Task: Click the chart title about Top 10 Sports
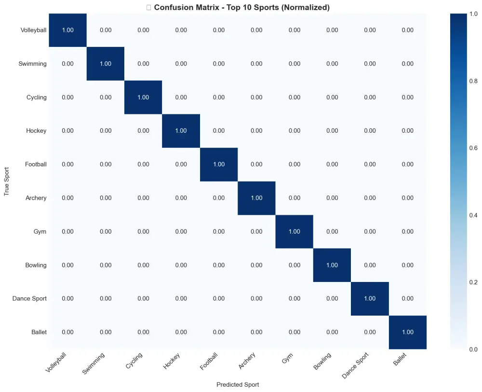coord(241,7)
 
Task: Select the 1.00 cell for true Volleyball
coord(67,30)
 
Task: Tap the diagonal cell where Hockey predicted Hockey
coord(181,131)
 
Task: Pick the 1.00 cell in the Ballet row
coord(407,332)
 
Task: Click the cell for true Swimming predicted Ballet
coord(407,64)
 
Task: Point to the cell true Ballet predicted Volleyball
coord(67,332)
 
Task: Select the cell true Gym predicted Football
coord(218,231)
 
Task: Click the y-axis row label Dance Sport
coord(30,298)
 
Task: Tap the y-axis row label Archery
coord(36,198)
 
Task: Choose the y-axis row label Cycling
coord(37,97)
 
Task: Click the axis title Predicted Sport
coord(237,385)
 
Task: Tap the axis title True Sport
coord(7,182)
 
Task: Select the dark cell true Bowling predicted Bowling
coord(332,265)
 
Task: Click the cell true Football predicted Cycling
coord(143,164)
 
